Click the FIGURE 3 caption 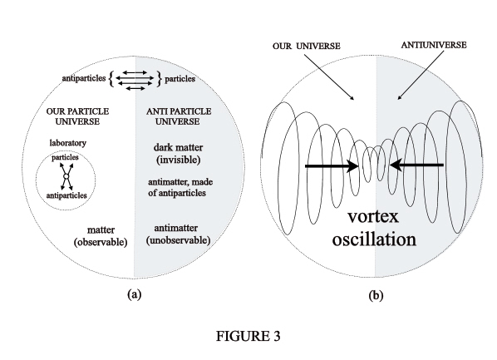pos(248,336)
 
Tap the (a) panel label pos(134,294)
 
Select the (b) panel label pos(376,296)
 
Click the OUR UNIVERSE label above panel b pos(306,46)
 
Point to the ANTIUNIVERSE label pos(434,45)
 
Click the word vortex pos(373,217)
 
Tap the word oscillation pos(374,239)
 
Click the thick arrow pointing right pos(332,165)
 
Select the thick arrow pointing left pos(416,165)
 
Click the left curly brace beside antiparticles pos(111,79)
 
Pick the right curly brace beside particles pos(159,79)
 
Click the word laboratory pos(68,143)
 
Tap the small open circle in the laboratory pos(66,176)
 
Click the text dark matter pos(178,147)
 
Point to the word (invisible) pos(179,160)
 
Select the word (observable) pos(101,242)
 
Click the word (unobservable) pos(178,240)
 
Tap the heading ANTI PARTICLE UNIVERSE pos(179,116)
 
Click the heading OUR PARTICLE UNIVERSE pos(77,116)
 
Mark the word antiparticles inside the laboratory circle pos(66,195)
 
